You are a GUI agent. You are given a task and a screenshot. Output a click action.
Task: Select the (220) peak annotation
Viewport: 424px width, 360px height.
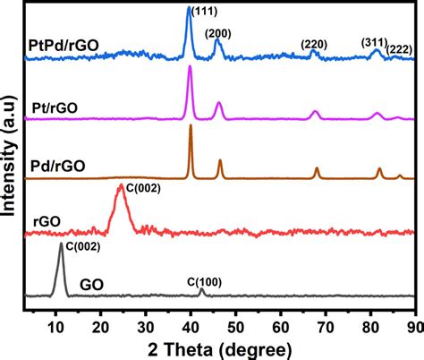(x=314, y=43)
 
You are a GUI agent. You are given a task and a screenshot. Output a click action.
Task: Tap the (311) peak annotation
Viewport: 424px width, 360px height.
(x=375, y=41)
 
